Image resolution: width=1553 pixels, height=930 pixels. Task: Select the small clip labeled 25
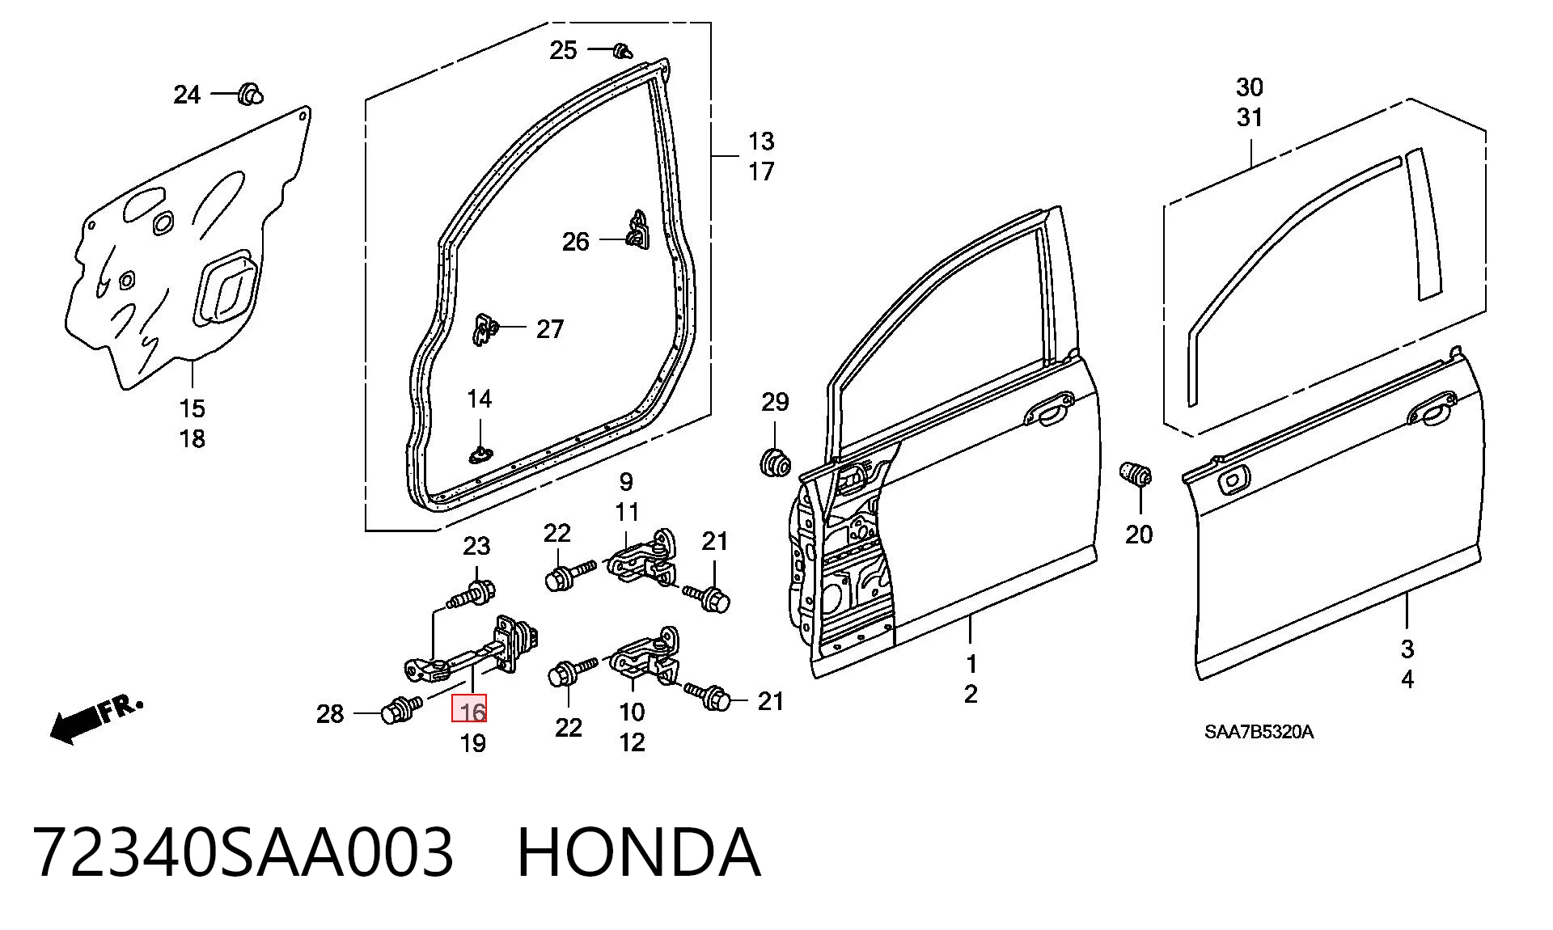pos(621,50)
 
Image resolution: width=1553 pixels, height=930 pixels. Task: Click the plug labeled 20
pos(1136,474)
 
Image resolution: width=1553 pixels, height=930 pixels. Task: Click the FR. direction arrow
pos(95,719)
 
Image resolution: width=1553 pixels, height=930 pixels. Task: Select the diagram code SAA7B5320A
pos(1259,733)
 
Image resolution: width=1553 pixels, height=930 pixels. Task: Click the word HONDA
pos(639,852)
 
